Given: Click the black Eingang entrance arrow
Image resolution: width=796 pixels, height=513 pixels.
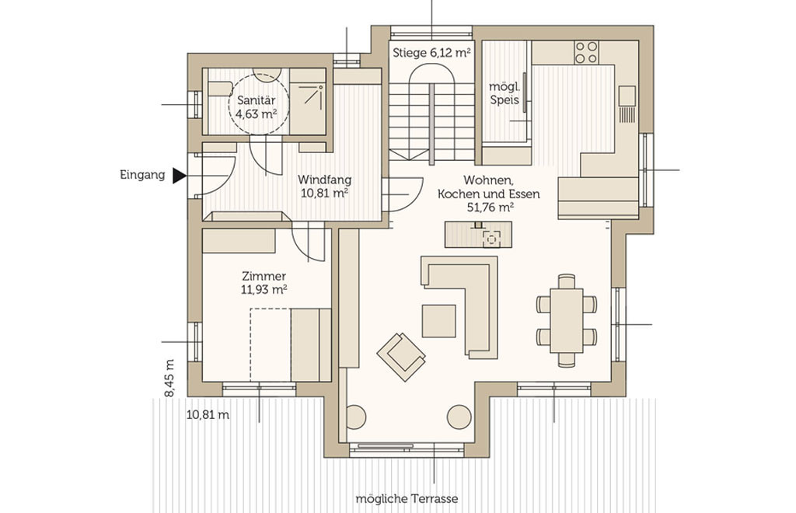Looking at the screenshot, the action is pos(179,176).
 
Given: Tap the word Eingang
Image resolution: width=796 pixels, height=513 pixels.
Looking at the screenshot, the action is pos(143,175).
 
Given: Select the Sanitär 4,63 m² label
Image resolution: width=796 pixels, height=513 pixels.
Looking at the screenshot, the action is pos(257,107).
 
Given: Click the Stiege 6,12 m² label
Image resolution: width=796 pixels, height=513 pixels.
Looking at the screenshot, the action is pos(431,53).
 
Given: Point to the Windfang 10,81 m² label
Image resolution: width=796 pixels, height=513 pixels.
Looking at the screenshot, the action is pos(324,187).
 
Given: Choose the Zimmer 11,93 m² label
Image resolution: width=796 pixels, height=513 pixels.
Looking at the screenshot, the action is pos(264,283).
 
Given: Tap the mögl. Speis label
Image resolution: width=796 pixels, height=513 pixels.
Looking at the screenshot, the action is pos(504,92).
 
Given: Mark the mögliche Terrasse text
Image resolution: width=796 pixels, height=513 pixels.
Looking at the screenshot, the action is pos(407,499).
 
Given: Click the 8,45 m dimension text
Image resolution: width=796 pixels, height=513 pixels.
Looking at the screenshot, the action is pos(169,379).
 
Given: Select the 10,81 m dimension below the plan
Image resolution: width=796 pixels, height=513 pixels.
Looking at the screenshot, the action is pos(208,415).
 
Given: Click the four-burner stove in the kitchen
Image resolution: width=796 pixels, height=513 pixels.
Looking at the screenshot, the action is pos(586,53).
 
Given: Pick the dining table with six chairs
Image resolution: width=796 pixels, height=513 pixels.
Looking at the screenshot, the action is pos(566,320).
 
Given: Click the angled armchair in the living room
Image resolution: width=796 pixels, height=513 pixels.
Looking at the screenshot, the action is pos(401,357).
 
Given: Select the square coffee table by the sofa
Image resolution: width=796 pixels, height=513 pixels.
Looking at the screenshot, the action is pos(439,321).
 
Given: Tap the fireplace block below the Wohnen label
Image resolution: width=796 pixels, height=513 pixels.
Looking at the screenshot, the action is pos(478,235).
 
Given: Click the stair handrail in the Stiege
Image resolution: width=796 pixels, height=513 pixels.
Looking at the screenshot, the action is pos(431,124).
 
